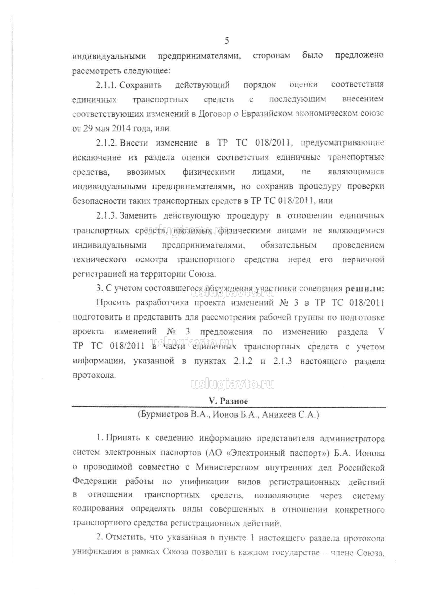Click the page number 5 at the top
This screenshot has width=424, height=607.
[x=227, y=41]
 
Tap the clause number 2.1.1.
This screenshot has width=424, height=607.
[x=107, y=85]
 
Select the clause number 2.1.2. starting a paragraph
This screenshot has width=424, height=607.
[x=107, y=143]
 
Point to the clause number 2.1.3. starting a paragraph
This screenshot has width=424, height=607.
[x=107, y=216]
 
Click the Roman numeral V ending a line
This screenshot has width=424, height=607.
[x=381, y=332]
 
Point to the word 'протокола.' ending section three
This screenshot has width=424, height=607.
[x=94, y=375]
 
